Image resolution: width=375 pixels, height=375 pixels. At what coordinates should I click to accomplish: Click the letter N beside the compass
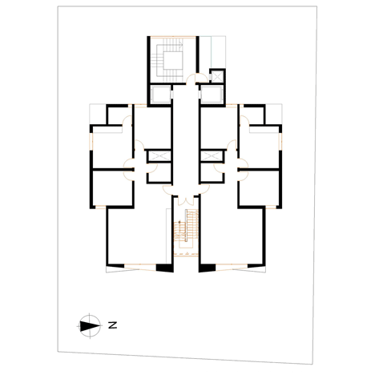113,325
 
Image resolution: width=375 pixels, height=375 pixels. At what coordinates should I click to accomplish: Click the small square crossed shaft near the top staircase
216,76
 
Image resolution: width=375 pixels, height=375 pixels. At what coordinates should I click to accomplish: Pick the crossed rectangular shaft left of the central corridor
159,156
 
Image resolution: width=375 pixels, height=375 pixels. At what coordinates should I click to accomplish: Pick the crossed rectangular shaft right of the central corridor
212,156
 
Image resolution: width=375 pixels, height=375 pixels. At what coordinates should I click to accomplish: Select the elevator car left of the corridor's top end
160,95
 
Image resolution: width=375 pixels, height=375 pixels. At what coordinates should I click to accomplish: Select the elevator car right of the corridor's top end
212,95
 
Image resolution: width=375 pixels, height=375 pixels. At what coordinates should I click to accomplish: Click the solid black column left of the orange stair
165,268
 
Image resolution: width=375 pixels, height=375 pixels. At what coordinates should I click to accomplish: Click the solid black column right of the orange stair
207,268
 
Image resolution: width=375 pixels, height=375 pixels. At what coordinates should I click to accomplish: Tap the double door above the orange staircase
186,200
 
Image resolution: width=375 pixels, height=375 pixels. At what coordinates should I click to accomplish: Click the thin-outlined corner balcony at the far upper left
98,114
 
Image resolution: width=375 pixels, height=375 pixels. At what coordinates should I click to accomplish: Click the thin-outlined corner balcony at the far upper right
274,114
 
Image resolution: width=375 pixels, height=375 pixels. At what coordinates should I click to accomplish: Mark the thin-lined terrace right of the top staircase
212,52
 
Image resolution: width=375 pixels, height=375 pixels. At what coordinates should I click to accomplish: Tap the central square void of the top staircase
173,61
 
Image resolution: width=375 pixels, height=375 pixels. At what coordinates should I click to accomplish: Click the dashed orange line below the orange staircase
186,253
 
